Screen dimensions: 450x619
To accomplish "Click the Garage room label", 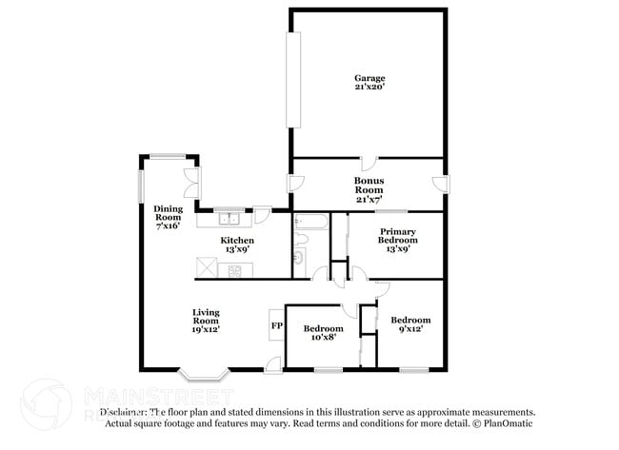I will [369, 83].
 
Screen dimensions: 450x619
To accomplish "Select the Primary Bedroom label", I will [396, 237].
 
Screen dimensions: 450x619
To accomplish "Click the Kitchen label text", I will [237, 245].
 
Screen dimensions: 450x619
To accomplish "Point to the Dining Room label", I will [168, 218].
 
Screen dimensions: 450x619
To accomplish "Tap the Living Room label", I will [206, 321].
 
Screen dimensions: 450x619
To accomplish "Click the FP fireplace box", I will [276, 325].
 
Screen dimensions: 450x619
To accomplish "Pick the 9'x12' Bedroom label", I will [410, 324].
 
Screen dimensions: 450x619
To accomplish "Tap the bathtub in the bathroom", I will [311, 224].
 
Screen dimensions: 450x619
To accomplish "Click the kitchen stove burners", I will [230, 270].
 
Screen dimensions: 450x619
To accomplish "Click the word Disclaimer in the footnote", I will [127, 413].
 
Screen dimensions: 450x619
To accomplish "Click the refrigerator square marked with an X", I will [206, 268].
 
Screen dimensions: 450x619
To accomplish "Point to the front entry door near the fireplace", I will [273, 362].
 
